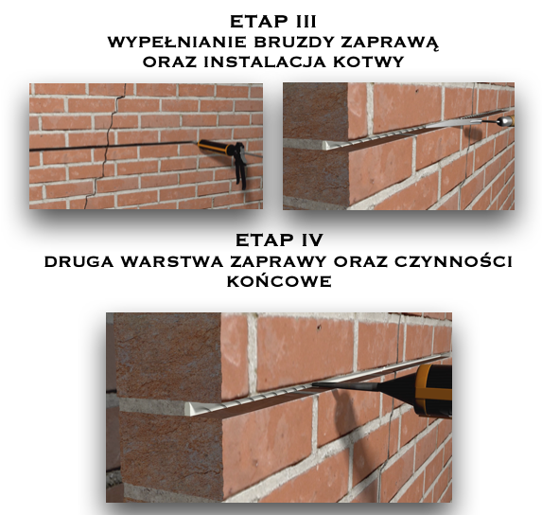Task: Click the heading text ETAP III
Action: pos(273,22)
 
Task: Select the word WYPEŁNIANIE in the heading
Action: pos(177,43)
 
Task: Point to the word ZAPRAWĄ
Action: pos(391,43)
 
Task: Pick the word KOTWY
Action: pos(369,62)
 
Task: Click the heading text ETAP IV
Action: pos(279,240)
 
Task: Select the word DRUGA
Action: pos(79,261)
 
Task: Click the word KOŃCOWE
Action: pos(279,280)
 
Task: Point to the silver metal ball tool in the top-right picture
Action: pos(503,121)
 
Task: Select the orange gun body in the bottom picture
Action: pos(433,390)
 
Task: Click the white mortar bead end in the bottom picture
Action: pos(189,408)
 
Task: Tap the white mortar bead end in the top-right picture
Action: pos(325,145)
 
